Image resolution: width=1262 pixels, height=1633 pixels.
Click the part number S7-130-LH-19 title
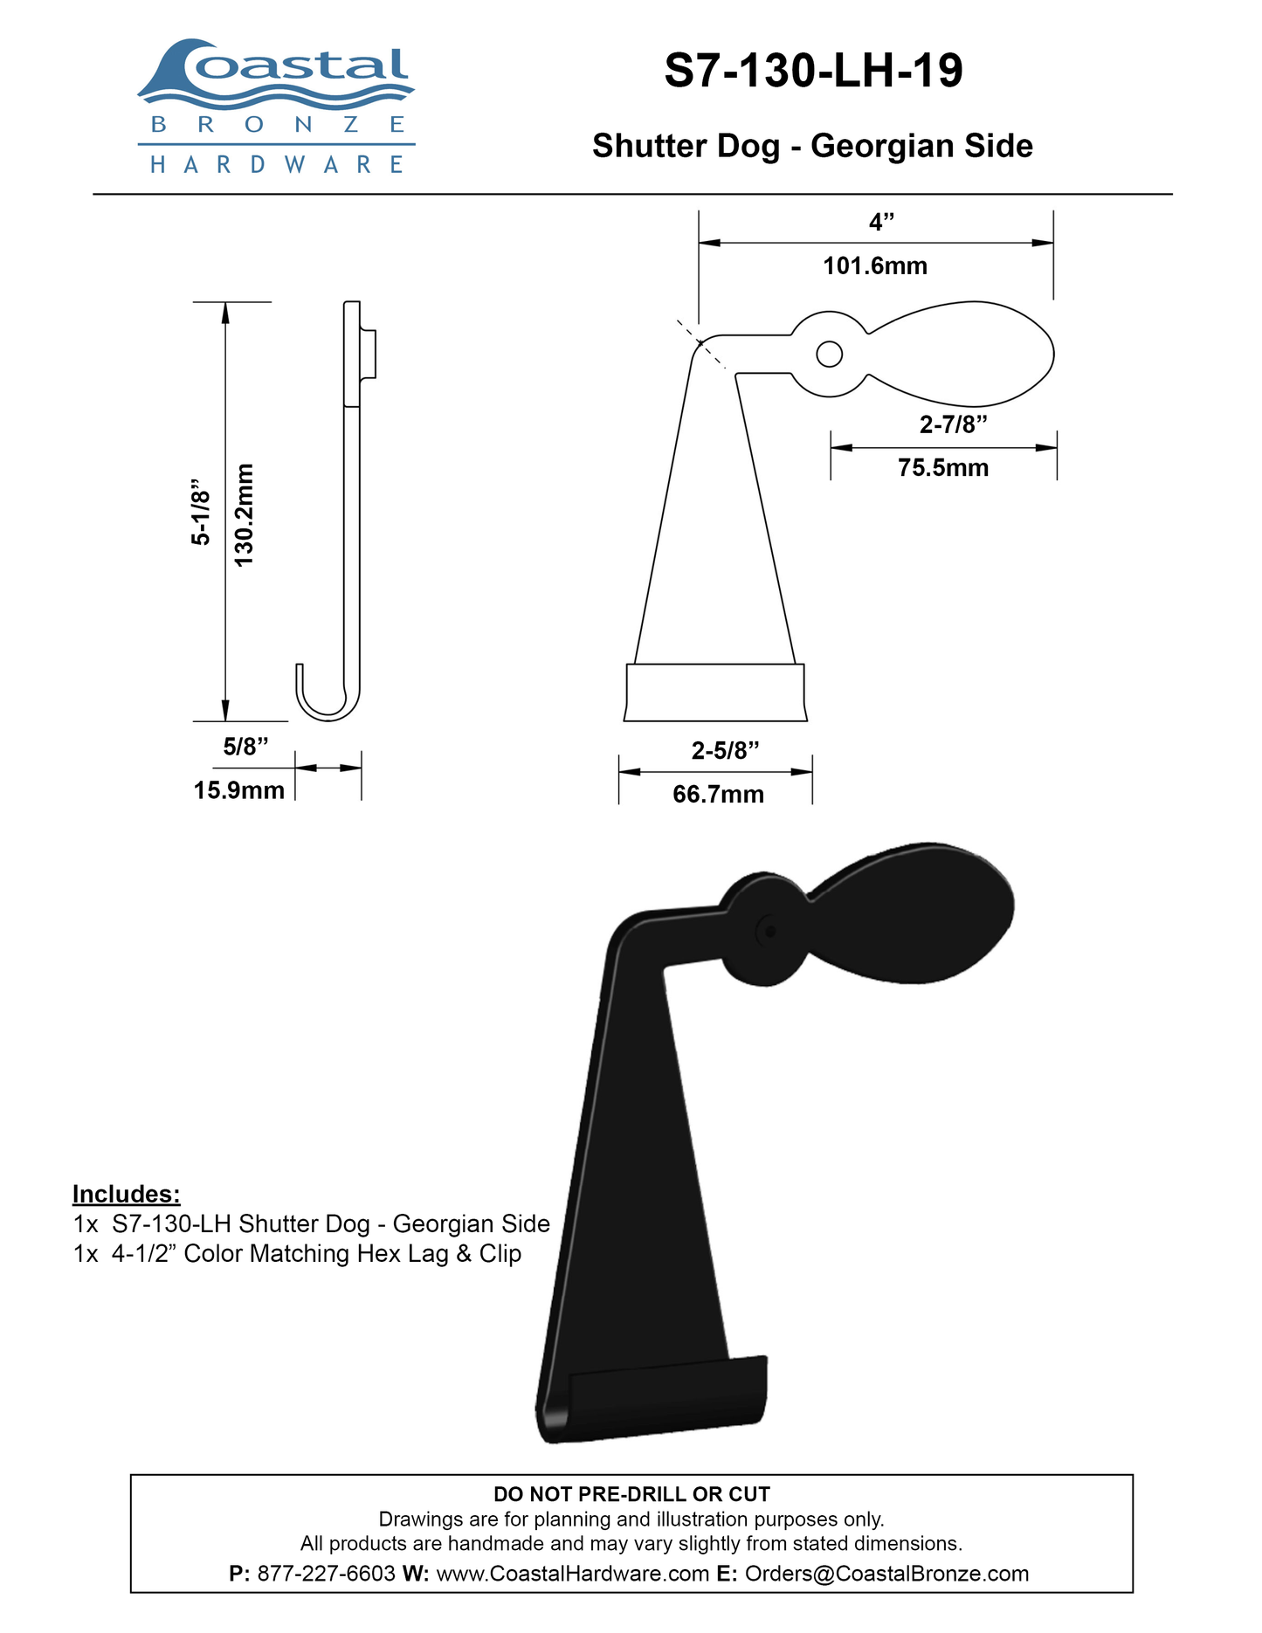(x=813, y=71)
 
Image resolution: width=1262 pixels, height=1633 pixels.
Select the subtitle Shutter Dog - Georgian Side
(x=812, y=146)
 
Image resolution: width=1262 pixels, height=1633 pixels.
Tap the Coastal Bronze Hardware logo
(x=276, y=107)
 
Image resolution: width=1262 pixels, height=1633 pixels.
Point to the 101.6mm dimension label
(x=875, y=265)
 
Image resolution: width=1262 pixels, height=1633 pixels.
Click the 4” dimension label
(x=882, y=222)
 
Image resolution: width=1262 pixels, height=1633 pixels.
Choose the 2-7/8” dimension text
(x=954, y=424)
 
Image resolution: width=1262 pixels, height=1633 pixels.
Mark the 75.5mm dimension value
(x=943, y=468)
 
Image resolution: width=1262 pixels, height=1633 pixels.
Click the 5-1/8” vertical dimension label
(x=201, y=513)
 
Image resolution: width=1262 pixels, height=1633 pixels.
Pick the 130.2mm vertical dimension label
(x=244, y=514)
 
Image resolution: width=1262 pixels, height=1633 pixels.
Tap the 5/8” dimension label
(x=245, y=747)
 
